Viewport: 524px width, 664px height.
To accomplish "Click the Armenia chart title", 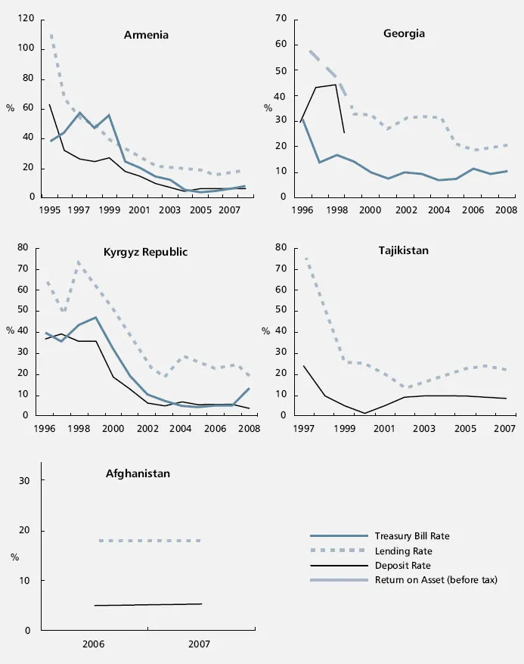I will click(x=146, y=35).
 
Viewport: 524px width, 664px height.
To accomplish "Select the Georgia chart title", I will click(x=404, y=33).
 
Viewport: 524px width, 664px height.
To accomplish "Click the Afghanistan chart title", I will click(x=138, y=473).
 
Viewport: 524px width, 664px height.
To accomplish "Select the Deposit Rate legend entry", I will click(x=402, y=565).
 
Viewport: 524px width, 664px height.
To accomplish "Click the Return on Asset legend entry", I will click(x=436, y=580).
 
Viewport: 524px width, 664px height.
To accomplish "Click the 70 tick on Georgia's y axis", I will click(x=281, y=17).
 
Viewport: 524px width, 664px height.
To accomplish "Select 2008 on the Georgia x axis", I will click(x=505, y=209).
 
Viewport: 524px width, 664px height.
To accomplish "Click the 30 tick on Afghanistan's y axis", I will click(x=23, y=481).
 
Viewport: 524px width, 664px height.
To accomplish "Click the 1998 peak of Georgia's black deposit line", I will click(x=336, y=84).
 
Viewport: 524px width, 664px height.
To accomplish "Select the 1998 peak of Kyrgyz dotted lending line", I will click(x=79, y=262).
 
